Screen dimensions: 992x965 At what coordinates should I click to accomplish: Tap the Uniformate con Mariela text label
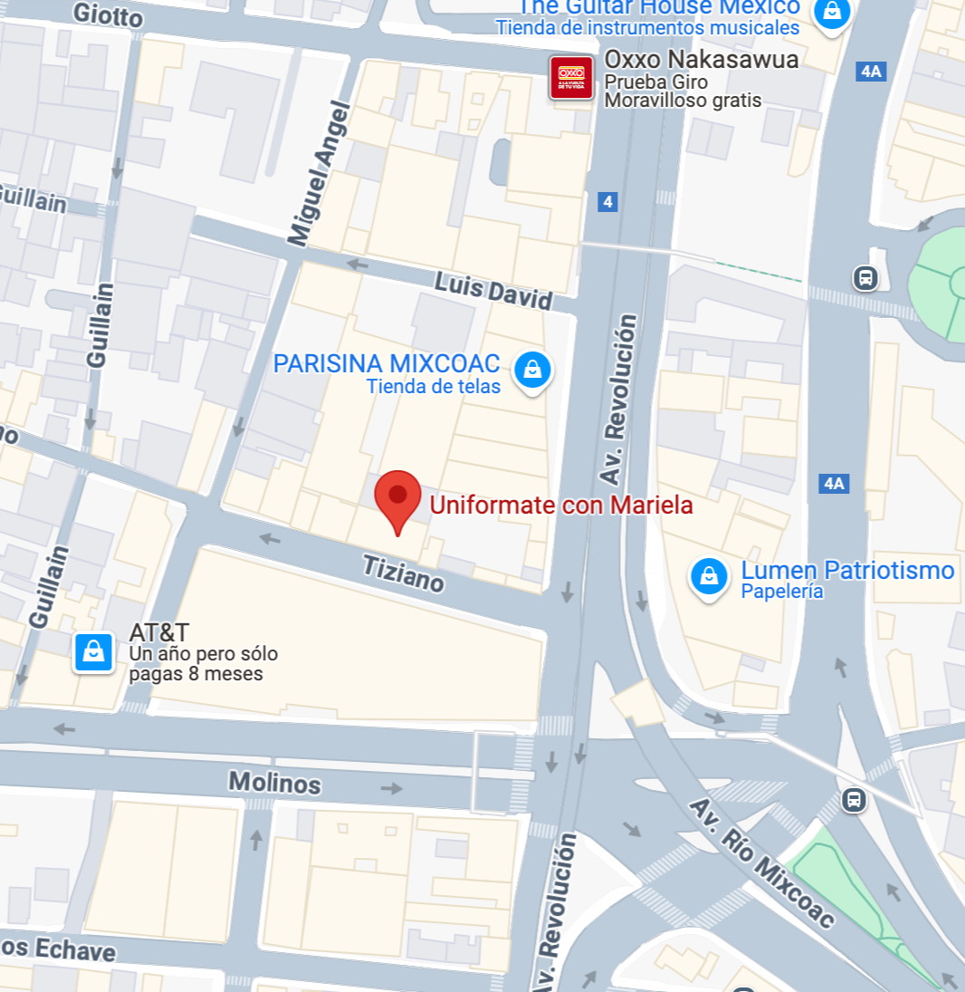561,506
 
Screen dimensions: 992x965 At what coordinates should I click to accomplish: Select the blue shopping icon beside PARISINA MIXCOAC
532,370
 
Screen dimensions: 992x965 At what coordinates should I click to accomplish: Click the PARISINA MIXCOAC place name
387,364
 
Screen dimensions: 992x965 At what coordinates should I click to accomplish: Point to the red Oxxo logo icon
571,78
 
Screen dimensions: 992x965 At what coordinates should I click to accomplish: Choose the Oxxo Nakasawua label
702,60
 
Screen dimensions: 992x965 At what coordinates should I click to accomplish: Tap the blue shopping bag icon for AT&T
94,651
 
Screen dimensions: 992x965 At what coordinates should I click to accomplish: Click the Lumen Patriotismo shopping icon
710,575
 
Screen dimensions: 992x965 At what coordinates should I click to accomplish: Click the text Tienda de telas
433,387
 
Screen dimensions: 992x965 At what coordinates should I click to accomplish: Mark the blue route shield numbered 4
607,202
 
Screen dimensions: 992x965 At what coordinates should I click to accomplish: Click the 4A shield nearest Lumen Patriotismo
834,484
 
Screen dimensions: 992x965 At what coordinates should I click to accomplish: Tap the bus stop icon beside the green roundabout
865,277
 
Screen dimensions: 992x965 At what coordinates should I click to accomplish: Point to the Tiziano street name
404,574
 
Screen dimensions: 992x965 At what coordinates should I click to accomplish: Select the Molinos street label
274,782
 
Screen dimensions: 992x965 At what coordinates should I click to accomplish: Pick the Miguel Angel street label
318,174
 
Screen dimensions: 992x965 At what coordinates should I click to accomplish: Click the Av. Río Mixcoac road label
762,862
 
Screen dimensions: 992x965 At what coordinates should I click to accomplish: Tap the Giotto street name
108,15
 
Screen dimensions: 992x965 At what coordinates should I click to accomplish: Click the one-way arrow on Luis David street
358,265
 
